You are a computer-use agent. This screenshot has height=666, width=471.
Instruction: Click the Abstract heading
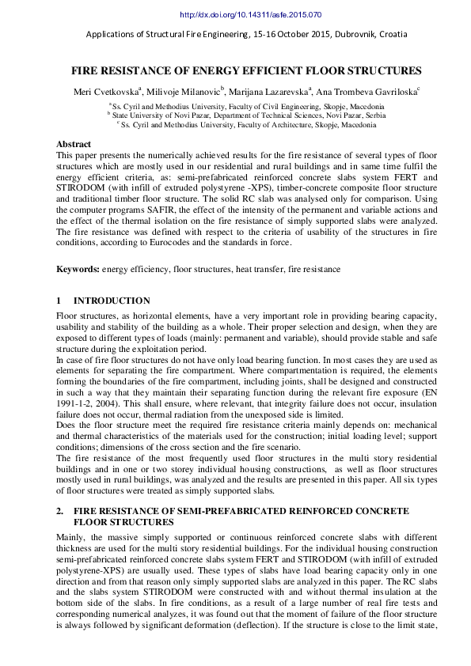coord(74,145)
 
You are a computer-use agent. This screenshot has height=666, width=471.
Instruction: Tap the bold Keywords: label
coord(78,270)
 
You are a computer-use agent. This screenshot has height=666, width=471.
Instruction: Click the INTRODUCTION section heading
coord(112,301)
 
